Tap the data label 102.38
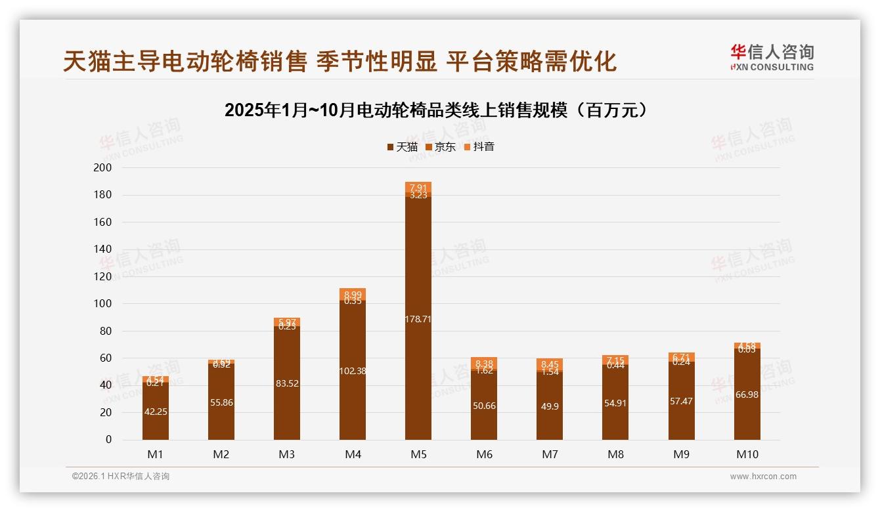pos(353,371)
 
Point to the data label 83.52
pos(287,383)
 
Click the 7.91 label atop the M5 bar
pos(418,188)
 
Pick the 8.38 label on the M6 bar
pos(484,363)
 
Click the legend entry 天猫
pos(402,147)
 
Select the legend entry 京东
pos(441,147)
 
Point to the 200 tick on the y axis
pos(103,168)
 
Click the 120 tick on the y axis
pos(103,277)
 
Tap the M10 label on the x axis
pos(747,454)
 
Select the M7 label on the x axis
pos(550,454)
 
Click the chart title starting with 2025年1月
pos(439,110)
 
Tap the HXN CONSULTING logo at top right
pos(772,58)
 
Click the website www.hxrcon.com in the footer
pos(763,477)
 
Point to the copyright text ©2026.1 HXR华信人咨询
pos(121,477)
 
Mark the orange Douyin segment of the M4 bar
pos(353,294)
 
